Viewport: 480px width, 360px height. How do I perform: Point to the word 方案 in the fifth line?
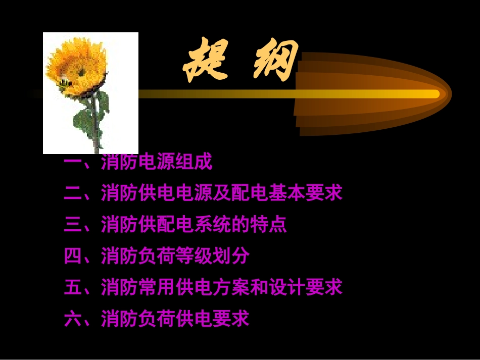(231, 287)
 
